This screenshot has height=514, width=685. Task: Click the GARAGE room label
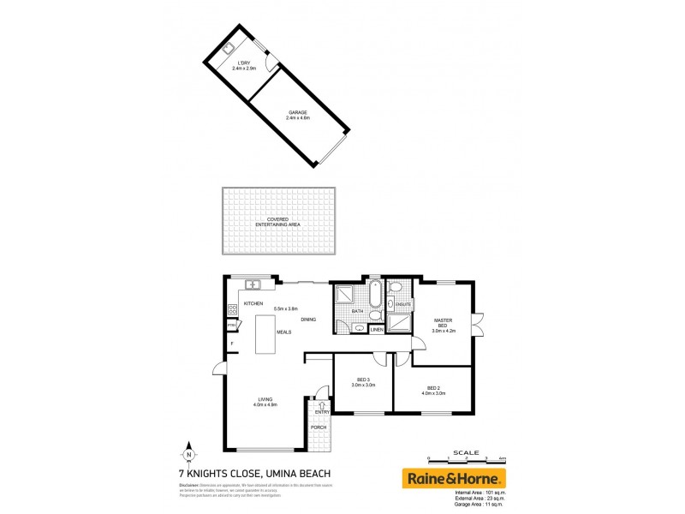297,113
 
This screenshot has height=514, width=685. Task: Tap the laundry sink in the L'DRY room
231,48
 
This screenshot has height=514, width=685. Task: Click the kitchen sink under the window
253,284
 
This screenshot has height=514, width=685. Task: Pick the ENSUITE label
404,304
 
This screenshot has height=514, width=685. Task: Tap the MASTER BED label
441,323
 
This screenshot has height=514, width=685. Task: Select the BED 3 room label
362,382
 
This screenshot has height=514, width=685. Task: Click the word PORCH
319,427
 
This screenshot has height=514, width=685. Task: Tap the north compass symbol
188,454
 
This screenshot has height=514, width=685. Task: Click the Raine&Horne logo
454,478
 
